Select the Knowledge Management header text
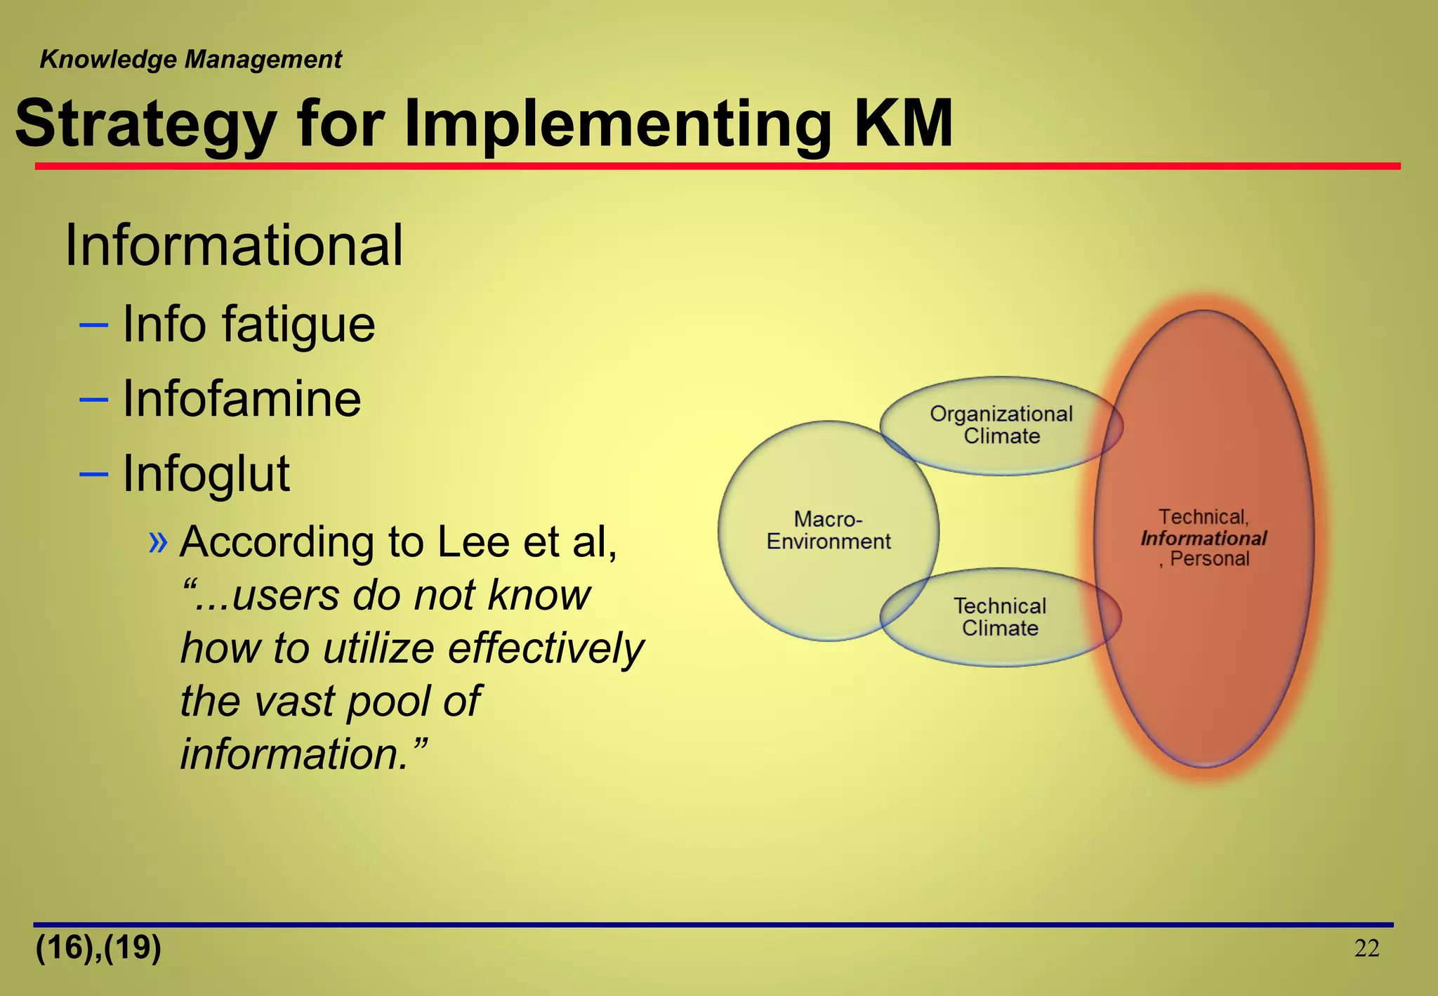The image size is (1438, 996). (190, 60)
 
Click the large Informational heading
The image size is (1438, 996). (233, 245)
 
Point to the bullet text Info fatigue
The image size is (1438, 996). (249, 325)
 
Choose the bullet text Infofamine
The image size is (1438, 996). (242, 399)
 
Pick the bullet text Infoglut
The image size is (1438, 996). (206, 474)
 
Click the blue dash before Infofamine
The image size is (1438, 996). (94, 400)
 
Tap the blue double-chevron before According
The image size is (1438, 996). (159, 542)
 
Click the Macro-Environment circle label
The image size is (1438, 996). (828, 530)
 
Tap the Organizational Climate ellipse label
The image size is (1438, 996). (1001, 425)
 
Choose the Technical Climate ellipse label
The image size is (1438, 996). (1000, 617)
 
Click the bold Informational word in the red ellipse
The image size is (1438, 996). (1203, 539)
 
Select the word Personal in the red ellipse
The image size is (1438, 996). (1209, 559)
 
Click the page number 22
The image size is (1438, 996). (1366, 949)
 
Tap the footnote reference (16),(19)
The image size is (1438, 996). (98, 948)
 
